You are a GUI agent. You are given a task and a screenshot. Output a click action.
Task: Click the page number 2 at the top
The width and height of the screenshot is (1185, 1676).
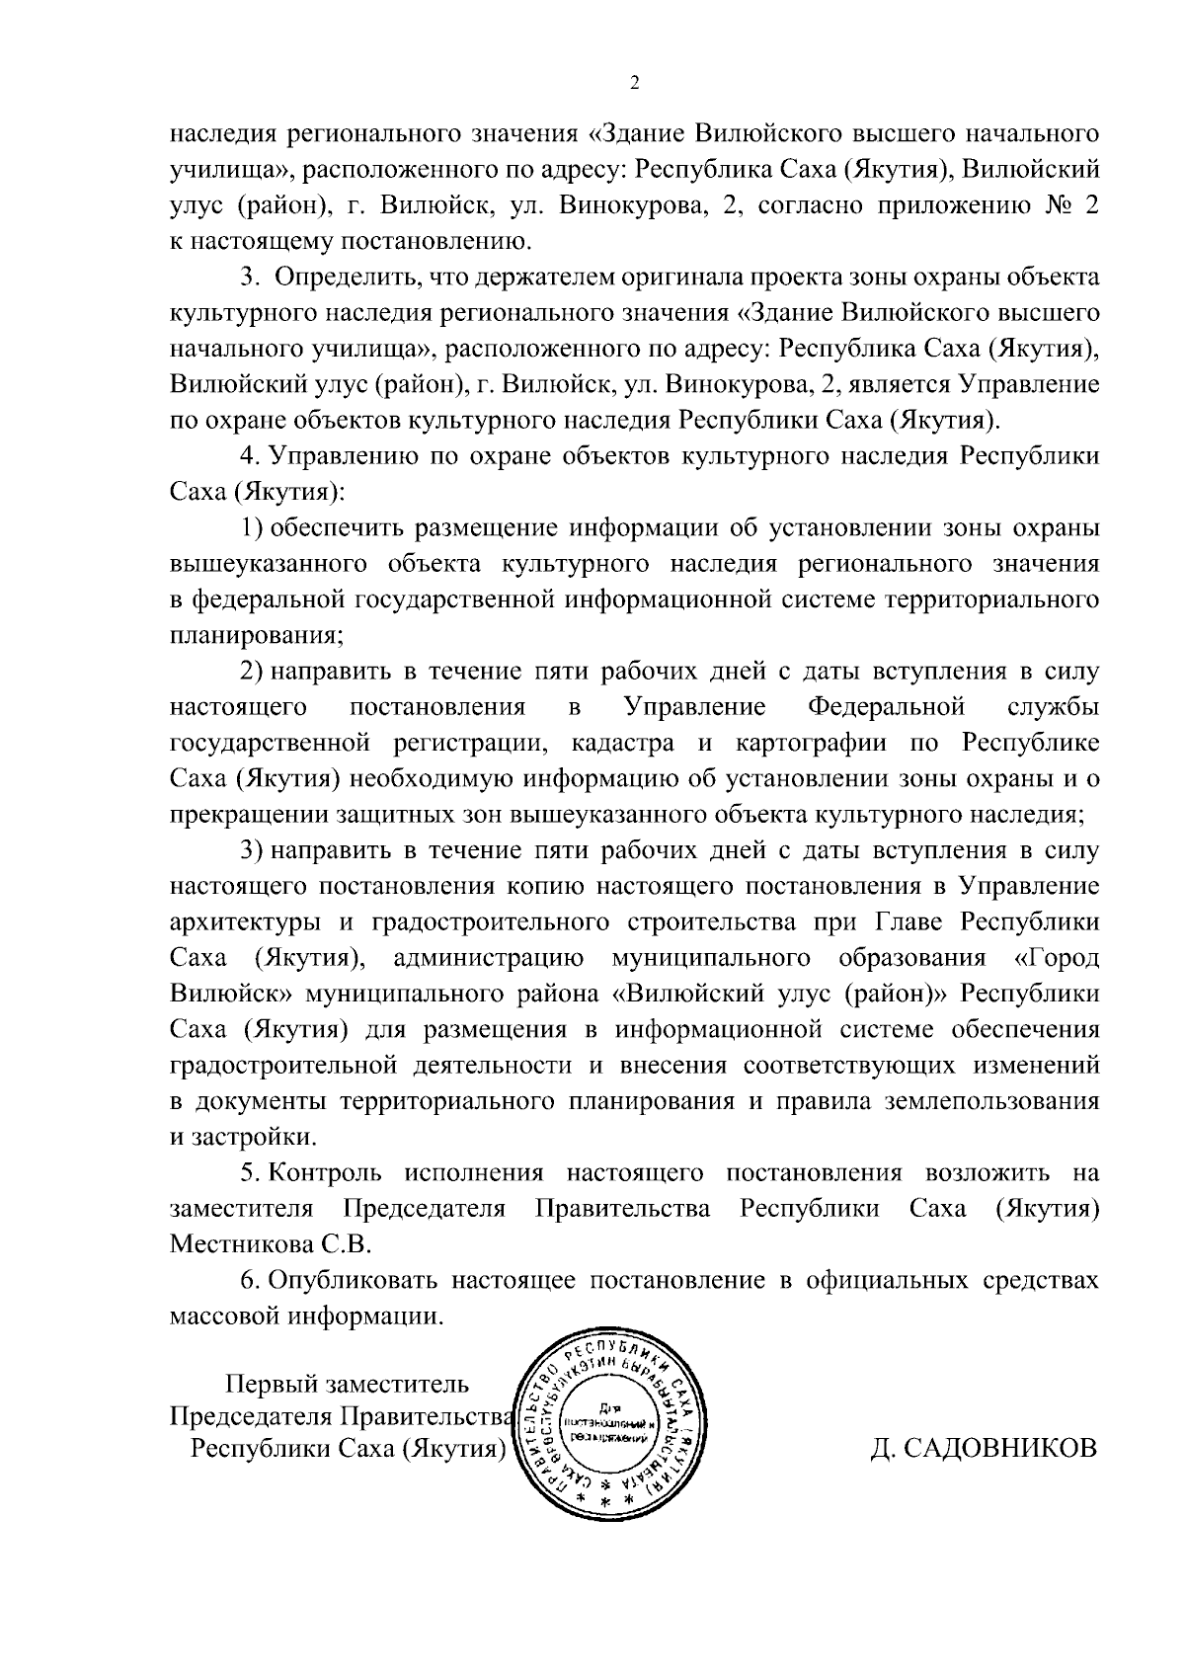click(634, 84)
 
